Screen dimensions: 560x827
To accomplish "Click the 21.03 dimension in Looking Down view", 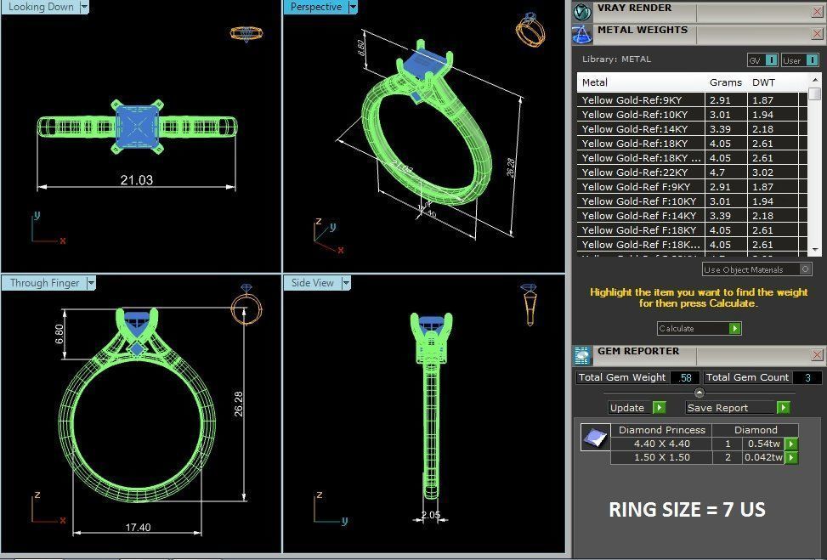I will (x=137, y=180).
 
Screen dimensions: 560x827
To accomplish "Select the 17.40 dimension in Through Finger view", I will (x=138, y=528).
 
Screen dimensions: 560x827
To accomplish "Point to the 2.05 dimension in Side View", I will (x=431, y=515).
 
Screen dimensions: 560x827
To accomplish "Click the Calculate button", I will (x=699, y=328).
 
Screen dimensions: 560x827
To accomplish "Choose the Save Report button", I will (x=737, y=408).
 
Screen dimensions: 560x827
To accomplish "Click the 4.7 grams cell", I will (x=718, y=173).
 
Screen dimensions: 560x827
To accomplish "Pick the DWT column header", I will (x=763, y=83).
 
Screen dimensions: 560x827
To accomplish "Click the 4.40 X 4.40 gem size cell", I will (x=661, y=444).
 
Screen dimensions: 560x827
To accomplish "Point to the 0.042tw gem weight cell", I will (x=763, y=457).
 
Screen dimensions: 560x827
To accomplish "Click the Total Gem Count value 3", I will (x=807, y=377).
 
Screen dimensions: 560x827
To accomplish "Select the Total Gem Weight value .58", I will (x=685, y=377).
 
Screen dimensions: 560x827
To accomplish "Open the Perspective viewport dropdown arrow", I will (x=353, y=7).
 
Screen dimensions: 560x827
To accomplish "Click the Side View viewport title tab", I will (x=313, y=283).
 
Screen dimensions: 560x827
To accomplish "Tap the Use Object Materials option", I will (x=756, y=269).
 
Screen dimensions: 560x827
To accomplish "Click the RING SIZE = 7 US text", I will (x=687, y=510).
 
